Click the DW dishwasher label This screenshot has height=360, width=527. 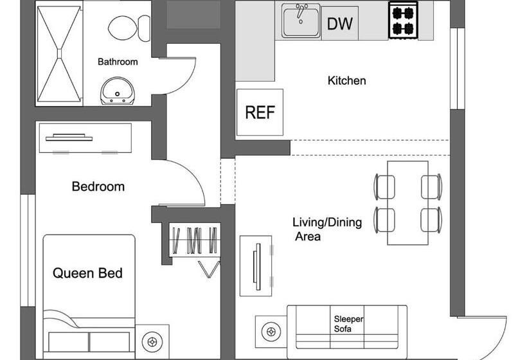(x=339, y=24)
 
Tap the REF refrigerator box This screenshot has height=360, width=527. (x=260, y=113)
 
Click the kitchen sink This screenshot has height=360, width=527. (x=301, y=21)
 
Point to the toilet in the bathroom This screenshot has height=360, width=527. (x=123, y=28)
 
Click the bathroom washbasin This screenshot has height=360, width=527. (x=117, y=91)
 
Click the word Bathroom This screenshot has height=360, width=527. (x=118, y=62)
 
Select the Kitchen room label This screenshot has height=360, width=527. (x=346, y=80)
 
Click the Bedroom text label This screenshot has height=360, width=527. (x=98, y=186)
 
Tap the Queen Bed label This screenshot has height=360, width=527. (x=87, y=273)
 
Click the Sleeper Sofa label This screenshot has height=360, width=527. (x=348, y=323)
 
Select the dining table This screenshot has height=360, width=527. (x=407, y=202)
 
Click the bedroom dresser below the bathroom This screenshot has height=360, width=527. (x=85, y=138)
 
